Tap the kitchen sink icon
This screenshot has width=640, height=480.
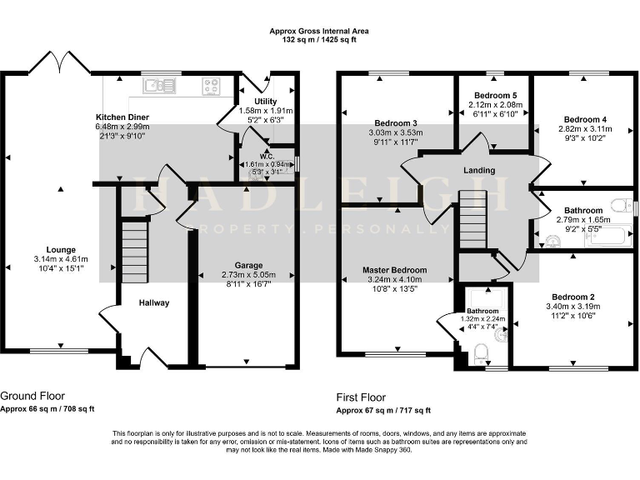pyautogui.click(x=158, y=85)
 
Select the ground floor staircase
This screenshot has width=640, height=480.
pyautogui.click(x=134, y=250)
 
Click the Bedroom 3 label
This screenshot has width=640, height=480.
pyautogui.click(x=396, y=123)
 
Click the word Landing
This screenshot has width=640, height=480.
pyautogui.click(x=480, y=171)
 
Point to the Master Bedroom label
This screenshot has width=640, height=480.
pyautogui.click(x=394, y=270)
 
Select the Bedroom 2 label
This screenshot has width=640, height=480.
pyautogui.click(x=572, y=297)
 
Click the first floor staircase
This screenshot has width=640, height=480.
pyautogui.click(x=472, y=218)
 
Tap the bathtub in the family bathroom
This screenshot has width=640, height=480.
pyautogui.click(x=605, y=239)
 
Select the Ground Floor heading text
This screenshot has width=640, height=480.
pyautogui.click(x=32, y=396)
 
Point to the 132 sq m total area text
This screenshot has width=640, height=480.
pyautogui.click(x=319, y=39)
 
